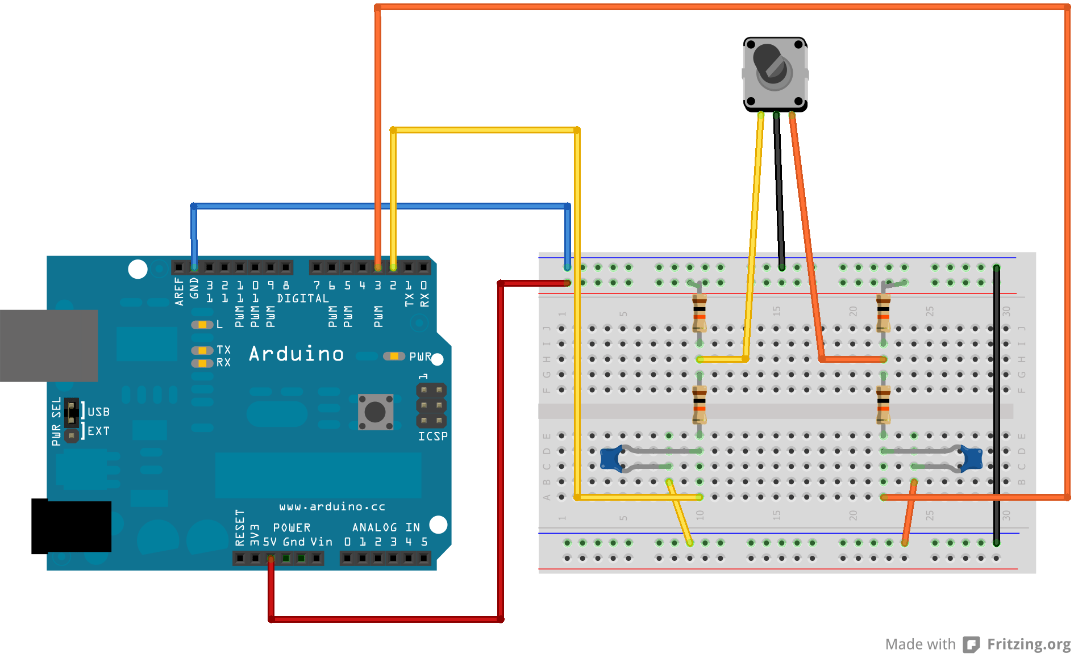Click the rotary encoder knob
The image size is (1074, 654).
[x=772, y=66]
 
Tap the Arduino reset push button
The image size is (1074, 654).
[x=375, y=412]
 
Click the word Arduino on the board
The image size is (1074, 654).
[x=296, y=354]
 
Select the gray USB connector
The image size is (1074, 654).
[x=48, y=345]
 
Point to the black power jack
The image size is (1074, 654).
[x=71, y=526]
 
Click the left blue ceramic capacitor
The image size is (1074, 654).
[x=611, y=458]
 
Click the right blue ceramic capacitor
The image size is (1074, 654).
[x=972, y=459]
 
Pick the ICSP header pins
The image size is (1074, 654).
[x=431, y=405]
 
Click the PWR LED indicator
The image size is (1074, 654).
[x=393, y=357]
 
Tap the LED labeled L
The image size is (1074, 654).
[x=202, y=325]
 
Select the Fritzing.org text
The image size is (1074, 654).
[x=1029, y=644]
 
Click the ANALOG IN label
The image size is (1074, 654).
[x=386, y=527]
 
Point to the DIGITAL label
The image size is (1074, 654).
[x=303, y=299]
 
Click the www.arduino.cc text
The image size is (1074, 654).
[x=332, y=506]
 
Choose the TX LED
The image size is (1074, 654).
[x=202, y=350]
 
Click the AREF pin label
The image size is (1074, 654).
[x=179, y=291]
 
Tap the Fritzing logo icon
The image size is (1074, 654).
[x=971, y=644]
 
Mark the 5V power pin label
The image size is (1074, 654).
[x=270, y=542]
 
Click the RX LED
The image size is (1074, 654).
[x=202, y=363]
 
